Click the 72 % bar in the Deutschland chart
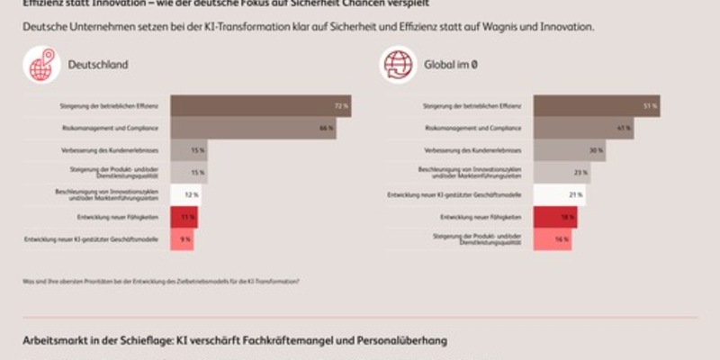click(260, 106)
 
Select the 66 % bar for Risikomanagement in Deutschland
click(253, 129)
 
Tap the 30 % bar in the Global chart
click(569, 150)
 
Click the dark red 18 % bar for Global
click(555, 217)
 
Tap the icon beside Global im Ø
click(397, 65)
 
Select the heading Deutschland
click(98, 65)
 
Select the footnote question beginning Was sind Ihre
click(162, 282)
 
